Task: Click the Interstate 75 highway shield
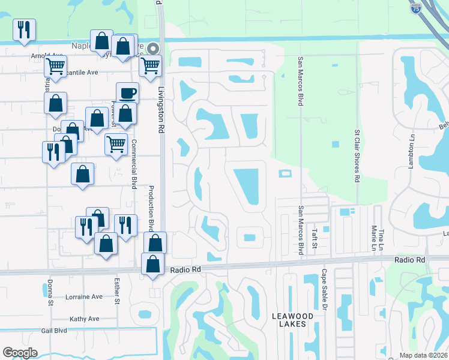click(415, 8)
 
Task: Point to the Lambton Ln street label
click(412, 155)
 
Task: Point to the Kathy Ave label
click(83, 319)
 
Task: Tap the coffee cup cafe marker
click(127, 93)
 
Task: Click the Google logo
click(20, 353)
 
